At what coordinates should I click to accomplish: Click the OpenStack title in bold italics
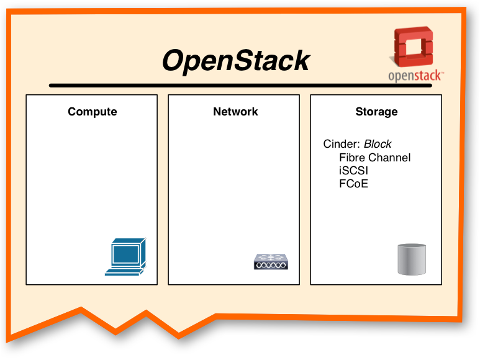point(236,61)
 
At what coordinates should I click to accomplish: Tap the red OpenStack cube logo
point(414,47)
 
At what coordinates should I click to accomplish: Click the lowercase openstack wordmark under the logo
point(415,76)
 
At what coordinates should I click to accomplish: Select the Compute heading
point(93,112)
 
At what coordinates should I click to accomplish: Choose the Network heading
point(235,112)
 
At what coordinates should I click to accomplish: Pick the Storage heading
point(376,112)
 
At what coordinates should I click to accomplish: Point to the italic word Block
point(378,144)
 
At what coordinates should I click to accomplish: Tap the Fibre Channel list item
point(374,158)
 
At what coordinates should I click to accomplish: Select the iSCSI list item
point(353,171)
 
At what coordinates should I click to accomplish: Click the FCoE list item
point(353,184)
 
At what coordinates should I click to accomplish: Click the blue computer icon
point(126,257)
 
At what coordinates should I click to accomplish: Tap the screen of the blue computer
point(125,254)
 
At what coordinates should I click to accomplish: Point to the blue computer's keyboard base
point(124,272)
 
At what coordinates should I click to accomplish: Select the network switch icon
point(271,262)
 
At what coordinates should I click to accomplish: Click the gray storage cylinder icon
point(412,259)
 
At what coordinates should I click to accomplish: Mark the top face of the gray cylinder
point(412,246)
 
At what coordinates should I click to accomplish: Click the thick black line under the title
point(240,85)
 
